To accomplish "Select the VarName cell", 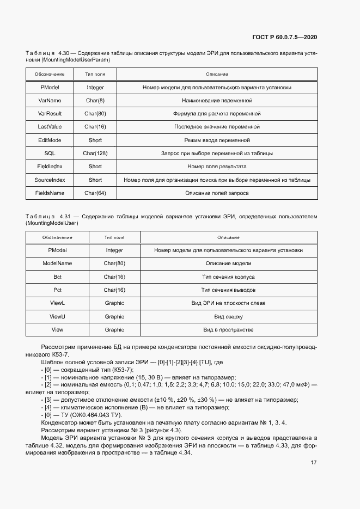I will tap(50, 100).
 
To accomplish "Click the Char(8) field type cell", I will tap(95, 100).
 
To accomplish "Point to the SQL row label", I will tap(50, 154).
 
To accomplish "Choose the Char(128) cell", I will tap(95, 154).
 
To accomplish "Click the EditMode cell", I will tap(50, 140).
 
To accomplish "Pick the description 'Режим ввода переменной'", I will tap(217, 140).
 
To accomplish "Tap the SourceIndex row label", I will tap(50, 180).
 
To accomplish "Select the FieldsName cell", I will tap(50, 193).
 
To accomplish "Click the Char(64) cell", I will tap(95, 193).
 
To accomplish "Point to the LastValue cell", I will tap(50, 127).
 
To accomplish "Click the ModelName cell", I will tap(57, 263).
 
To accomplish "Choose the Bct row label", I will tap(57, 277).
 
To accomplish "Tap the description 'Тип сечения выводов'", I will tap(228, 290).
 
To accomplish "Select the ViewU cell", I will tap(57, 316).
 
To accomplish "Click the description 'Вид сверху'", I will tap(228, 316).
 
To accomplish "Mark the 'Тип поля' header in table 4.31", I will tap(114, 237).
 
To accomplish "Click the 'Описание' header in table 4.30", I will tap(217, 74).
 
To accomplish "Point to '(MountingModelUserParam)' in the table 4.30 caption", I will tap(68, 60).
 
